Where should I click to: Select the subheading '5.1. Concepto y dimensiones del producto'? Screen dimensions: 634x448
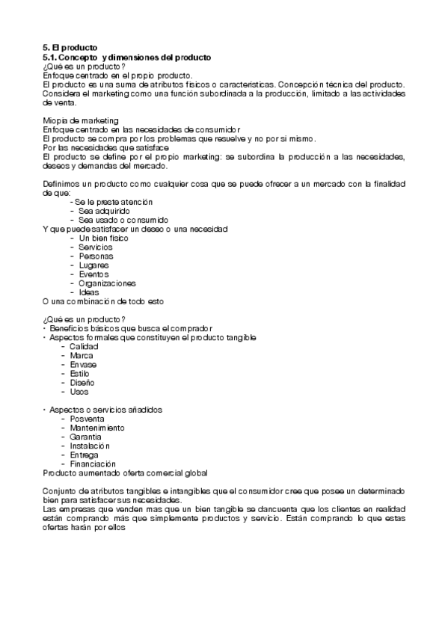coord(127,57)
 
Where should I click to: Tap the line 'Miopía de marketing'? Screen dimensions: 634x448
coord(81,120)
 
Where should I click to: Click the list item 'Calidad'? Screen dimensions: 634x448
coord(84,347)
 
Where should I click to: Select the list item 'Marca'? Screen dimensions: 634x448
coord(82,356)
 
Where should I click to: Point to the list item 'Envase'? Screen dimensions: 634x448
coord(83,365)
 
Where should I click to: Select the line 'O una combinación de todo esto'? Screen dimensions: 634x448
coord(103,301)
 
